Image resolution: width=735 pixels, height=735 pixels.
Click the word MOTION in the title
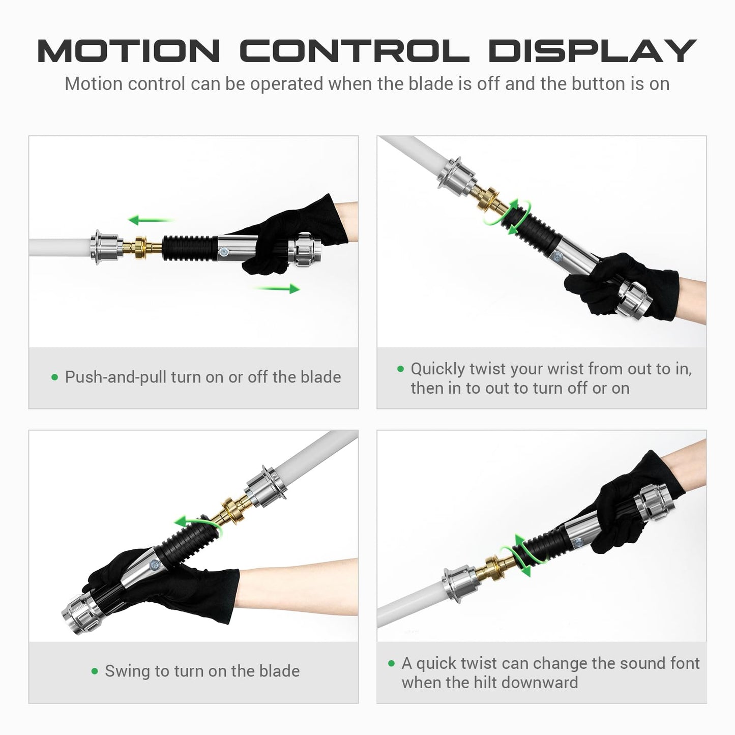(129, 51)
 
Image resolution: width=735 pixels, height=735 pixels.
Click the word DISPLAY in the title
(593, 51)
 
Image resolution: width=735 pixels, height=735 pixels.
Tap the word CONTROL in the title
(355, 51)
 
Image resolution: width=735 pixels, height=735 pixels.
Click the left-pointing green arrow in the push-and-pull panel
(151, 220)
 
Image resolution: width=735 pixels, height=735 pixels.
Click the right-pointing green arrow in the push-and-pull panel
(278, 289)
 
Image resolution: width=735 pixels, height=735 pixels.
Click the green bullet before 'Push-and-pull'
(54, 377)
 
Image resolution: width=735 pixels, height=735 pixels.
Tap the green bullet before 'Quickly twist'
(400, 369)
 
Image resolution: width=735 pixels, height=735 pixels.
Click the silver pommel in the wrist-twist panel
(634, 299)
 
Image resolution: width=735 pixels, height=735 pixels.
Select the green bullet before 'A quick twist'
(391, 663)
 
